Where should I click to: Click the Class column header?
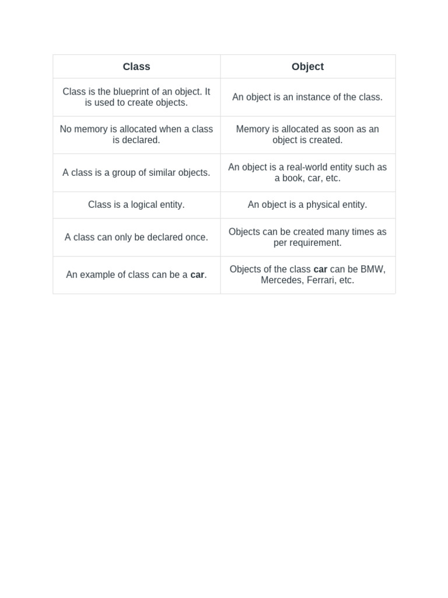pos(136,67)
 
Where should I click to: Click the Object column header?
pos(307,67)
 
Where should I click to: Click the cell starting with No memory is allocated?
pos(136,134)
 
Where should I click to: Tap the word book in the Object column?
pos(293,178)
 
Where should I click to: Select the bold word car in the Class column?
pos(197,274)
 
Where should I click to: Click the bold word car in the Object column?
pos(320,269)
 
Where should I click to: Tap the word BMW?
pos(373,269)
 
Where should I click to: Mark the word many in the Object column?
pos(338,232)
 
